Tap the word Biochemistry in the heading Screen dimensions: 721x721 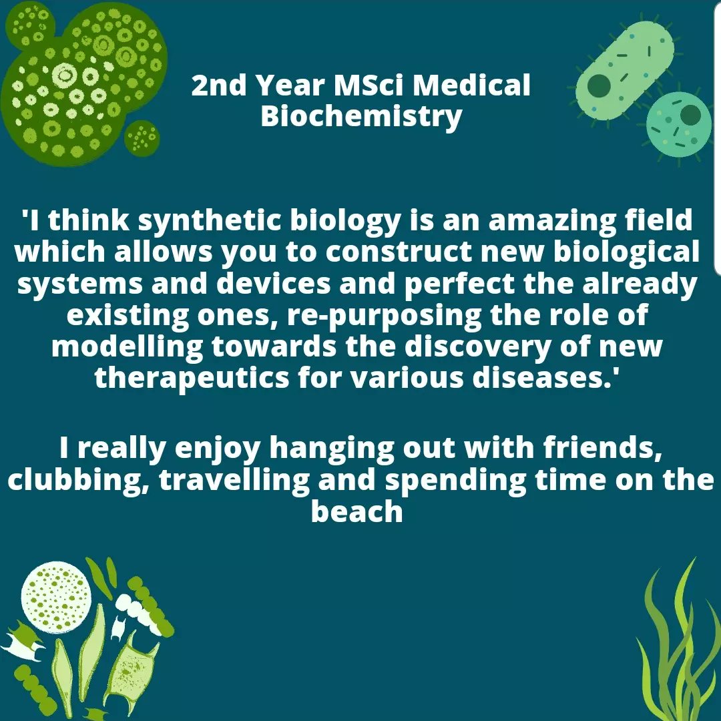[360, 116]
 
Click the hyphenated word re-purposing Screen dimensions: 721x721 [383, 316]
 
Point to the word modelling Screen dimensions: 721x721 [127, 347]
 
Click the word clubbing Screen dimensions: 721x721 [77, 481]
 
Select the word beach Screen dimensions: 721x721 [357, 512]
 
